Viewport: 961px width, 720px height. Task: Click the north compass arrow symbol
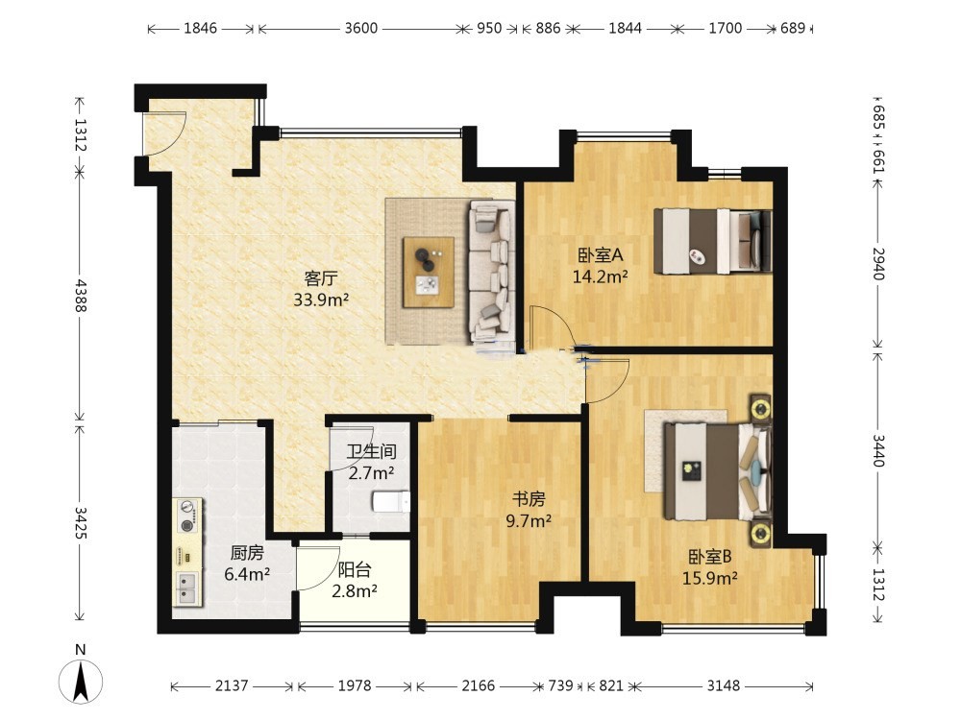click(81, 682)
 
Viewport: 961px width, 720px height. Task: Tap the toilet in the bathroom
click(391, 501)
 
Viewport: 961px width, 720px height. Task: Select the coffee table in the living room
click(429, 273)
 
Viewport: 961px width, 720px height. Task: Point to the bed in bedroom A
click(712, 241)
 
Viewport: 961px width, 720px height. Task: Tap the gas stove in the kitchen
click(188, 516)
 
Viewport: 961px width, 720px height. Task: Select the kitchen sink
click(188, 588)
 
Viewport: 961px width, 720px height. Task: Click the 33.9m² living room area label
click(321, 300)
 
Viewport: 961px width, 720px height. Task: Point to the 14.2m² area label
click(600, 276)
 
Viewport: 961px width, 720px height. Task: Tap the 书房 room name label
click(529, 499)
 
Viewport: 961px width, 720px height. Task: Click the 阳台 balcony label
click(355, 570)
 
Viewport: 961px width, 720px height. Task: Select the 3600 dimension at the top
click(360, 28)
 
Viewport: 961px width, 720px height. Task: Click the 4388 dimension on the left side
click(81, 297)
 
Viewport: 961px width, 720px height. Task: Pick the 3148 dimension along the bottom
click(724, 685)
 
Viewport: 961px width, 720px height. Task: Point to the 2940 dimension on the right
click(878, 264)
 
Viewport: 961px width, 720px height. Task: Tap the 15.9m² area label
click(710, 578)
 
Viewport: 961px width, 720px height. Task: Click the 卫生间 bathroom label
click(371, 452)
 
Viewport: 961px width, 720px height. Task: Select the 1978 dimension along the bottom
click(355, 685)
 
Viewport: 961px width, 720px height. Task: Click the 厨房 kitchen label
click(247, 553)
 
